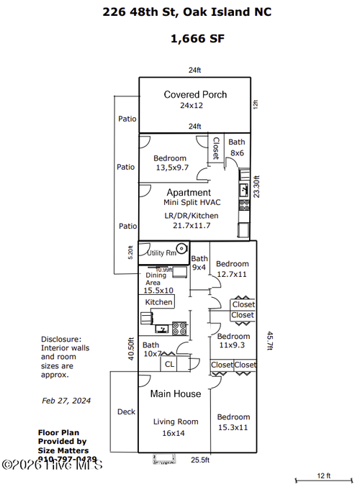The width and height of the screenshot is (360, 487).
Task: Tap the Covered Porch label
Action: tap(195, 94)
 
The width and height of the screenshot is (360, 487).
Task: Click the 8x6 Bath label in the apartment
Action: tap(236, 147)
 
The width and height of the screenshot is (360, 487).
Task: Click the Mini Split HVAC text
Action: tap(189, 204)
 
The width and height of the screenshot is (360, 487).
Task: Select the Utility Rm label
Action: tap(161, 252)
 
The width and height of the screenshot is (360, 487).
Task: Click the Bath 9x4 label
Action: tap(199, 263)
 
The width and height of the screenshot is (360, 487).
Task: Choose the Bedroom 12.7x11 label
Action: tap(233, 268)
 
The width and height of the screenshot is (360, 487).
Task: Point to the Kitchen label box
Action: tap(159, 302)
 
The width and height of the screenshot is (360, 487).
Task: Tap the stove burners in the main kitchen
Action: tap(180, 328)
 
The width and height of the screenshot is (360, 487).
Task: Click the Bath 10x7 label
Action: tap(151, 349)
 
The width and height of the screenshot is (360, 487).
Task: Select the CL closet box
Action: tap(169, 364)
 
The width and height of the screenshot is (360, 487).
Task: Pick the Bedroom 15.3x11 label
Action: tap(233, 422)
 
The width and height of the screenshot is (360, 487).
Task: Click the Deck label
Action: tap(125, 412)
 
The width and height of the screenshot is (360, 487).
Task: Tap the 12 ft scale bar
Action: tap(323, 480)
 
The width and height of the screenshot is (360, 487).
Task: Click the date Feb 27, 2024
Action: tap(66, 400)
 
